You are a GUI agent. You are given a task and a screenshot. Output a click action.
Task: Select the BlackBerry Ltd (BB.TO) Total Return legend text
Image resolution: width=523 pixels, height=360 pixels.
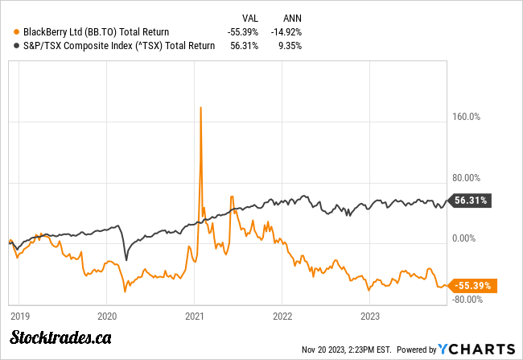click(74, 31)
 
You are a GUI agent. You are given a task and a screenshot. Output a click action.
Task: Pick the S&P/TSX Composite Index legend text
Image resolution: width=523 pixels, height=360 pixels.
click(114, 46)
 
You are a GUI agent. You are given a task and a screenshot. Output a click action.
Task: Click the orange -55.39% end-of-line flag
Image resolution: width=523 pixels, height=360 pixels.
click(474, 285)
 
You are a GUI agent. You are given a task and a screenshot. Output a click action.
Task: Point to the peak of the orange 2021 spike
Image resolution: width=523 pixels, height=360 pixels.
click(200, 107)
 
